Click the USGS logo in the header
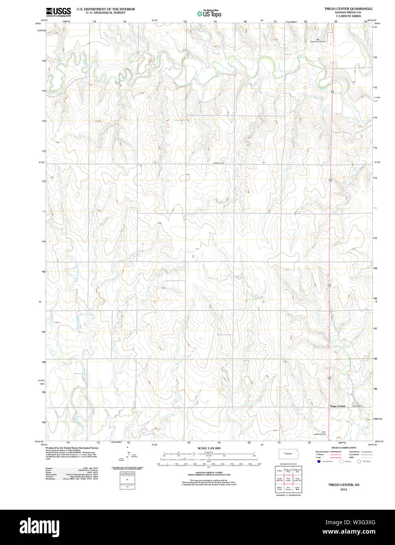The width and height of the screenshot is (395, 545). (58, 11)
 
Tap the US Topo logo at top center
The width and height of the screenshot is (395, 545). (209, 13)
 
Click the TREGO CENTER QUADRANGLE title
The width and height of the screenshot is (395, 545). (348, 8)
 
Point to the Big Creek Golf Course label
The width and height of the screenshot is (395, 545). (318, 40)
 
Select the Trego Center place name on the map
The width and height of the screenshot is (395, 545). (337, 406)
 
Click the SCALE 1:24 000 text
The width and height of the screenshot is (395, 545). (209, 448)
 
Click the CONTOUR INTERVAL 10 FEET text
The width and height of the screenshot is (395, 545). (209, 473)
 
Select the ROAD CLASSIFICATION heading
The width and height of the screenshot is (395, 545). (344, 448)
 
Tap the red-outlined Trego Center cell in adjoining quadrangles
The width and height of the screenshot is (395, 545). (288, 479)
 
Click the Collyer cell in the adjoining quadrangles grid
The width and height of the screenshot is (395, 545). (279, 470)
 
